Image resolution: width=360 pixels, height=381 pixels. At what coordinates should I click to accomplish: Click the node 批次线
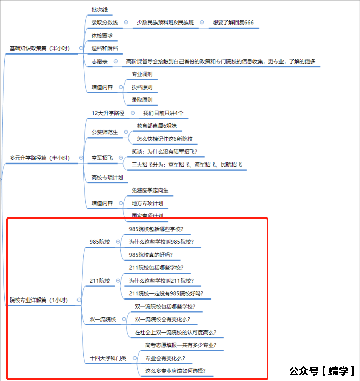point(99,10)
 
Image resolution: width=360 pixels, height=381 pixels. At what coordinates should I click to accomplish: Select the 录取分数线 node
point(105,23)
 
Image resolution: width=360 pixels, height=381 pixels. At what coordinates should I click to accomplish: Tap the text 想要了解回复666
point(234,23)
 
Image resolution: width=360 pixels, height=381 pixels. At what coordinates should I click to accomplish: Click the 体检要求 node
point(102,36)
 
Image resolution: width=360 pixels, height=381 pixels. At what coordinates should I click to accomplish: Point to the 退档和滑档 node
point(105,48)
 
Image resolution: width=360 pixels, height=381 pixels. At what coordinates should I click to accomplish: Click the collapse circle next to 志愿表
point(116,61)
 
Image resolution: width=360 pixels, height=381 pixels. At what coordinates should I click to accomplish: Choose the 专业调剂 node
point(142,74)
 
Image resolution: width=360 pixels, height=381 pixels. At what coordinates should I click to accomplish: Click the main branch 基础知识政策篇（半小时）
point(46,48)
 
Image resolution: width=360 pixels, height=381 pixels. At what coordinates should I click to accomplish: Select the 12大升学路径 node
point(108,113)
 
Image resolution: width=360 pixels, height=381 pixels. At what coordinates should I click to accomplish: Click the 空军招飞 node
point(102,158)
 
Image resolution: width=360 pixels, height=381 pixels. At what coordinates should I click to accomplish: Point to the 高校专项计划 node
point(107,177)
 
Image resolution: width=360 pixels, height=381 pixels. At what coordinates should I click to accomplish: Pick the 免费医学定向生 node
point(149,190)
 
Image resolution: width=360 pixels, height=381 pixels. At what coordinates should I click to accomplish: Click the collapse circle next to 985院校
point(118,242)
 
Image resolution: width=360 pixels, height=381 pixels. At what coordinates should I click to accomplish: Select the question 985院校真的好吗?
point(150,255)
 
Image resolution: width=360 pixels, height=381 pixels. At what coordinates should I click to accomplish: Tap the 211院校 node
point(99,281)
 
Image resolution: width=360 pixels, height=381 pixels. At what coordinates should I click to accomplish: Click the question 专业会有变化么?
point(165,358)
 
